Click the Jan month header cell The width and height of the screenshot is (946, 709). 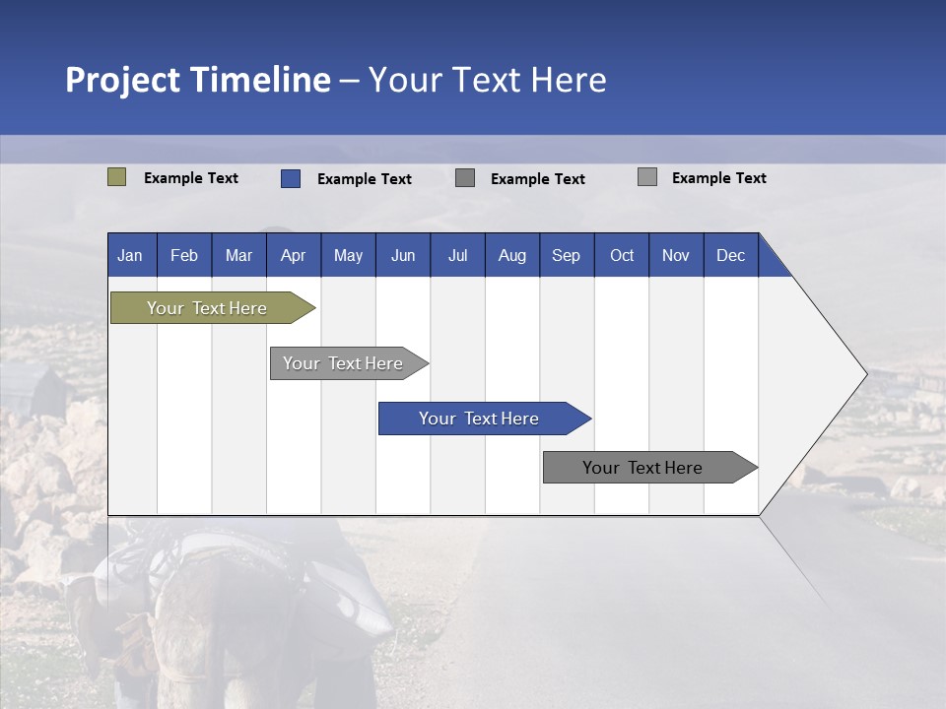click(x=130, y=255)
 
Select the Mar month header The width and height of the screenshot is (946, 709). click(x=238, y=255)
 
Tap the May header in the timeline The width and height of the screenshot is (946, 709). click(x=348, y=255)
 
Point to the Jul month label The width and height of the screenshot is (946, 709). click(x=457, y=255)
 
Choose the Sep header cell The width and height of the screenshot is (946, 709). click(x=566, y=255)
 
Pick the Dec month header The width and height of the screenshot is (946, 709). click(x=730, y=255)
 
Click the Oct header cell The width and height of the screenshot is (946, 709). click(x=622, y=255)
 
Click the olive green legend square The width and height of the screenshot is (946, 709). click(x=116, y=177)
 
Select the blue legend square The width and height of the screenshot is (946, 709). click(x=290, y=178)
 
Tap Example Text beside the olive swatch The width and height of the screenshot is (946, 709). click(x=191, y=178)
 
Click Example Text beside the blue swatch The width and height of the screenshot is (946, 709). click(x=365, y=179)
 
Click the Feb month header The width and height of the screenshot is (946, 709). click(x=184, y=255)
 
